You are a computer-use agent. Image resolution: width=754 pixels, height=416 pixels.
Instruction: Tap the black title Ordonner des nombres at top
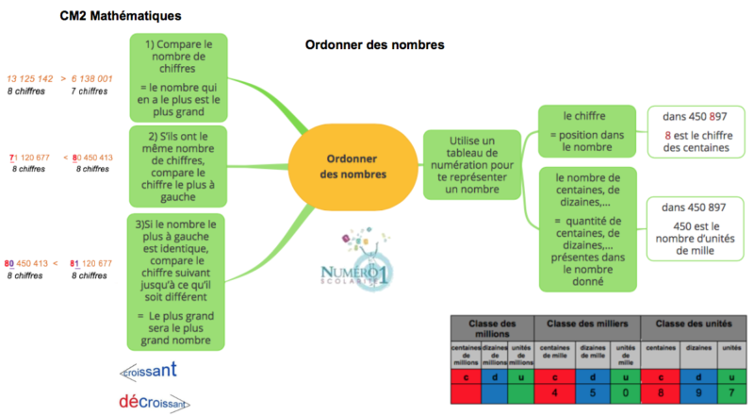tap(375, 44)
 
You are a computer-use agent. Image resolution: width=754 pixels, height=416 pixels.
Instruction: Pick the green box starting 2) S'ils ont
tap(178, 163)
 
